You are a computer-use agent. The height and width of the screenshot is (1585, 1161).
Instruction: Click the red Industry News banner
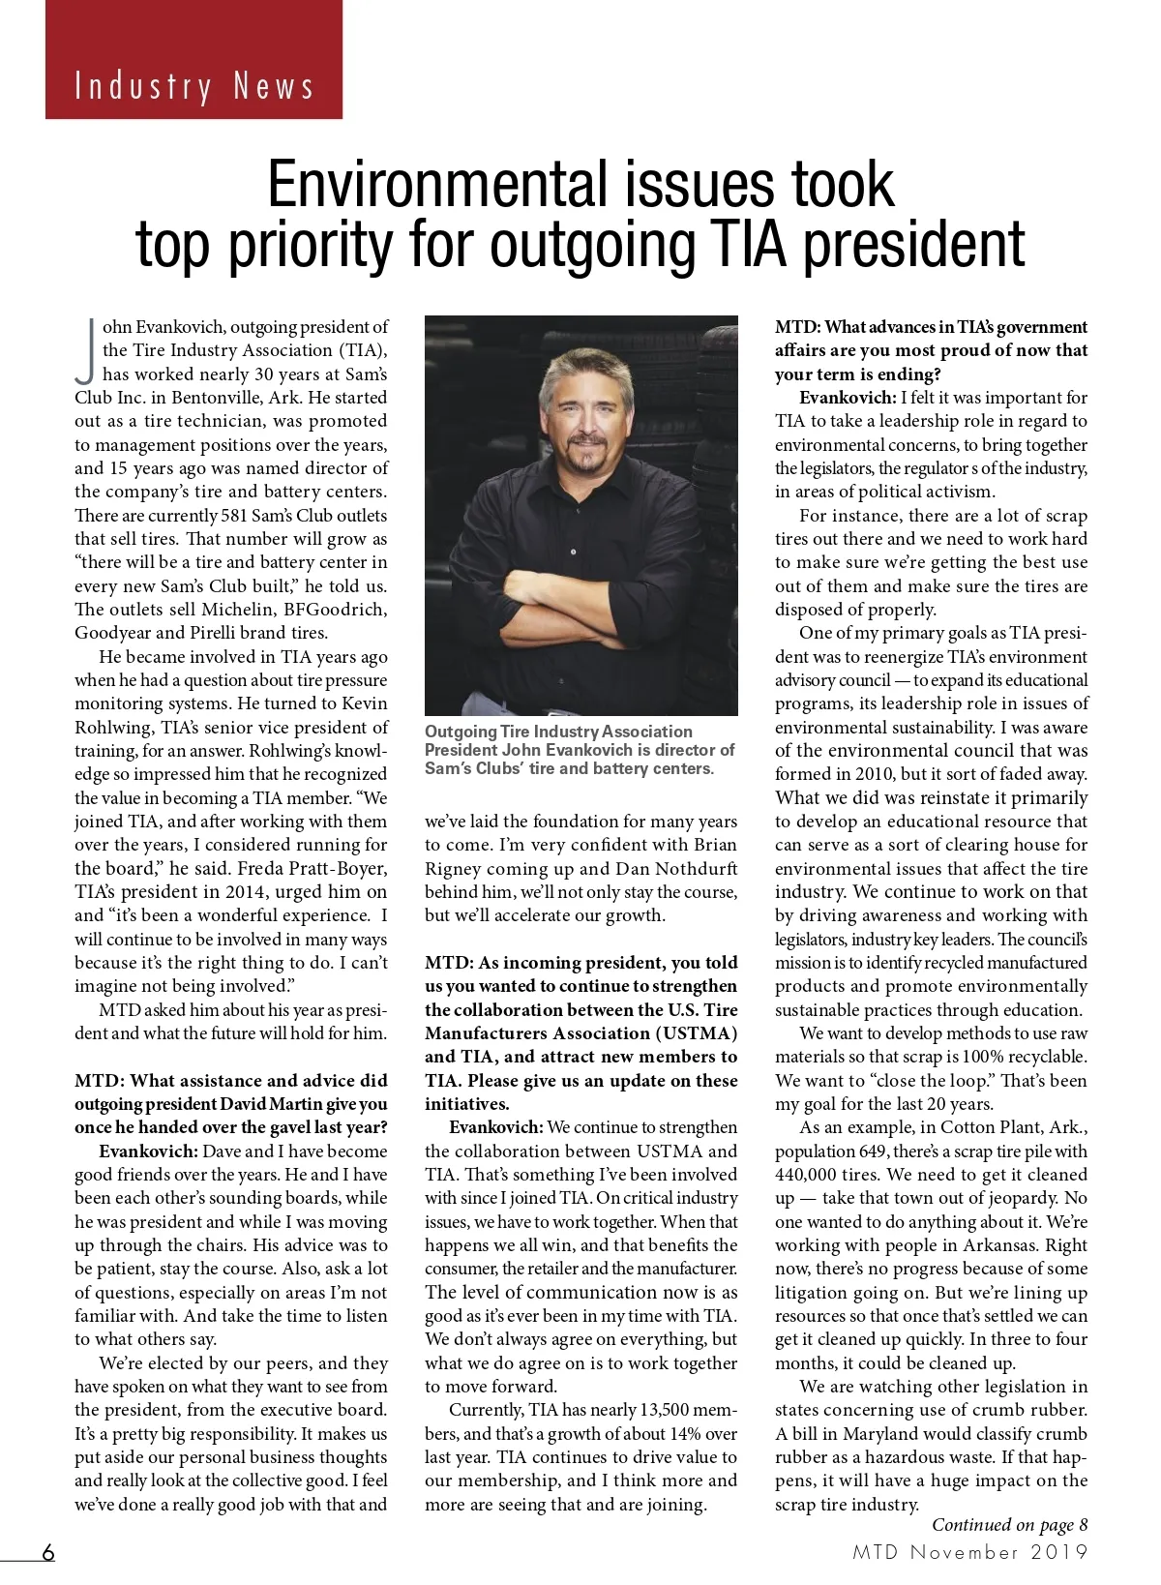193,60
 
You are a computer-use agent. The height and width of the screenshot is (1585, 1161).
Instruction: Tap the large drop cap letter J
87,349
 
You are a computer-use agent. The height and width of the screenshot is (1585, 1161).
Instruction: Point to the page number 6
47,1552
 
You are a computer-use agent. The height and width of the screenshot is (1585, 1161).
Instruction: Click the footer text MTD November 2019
970,1552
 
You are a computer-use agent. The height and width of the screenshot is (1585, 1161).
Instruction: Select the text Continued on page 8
1009,1525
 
